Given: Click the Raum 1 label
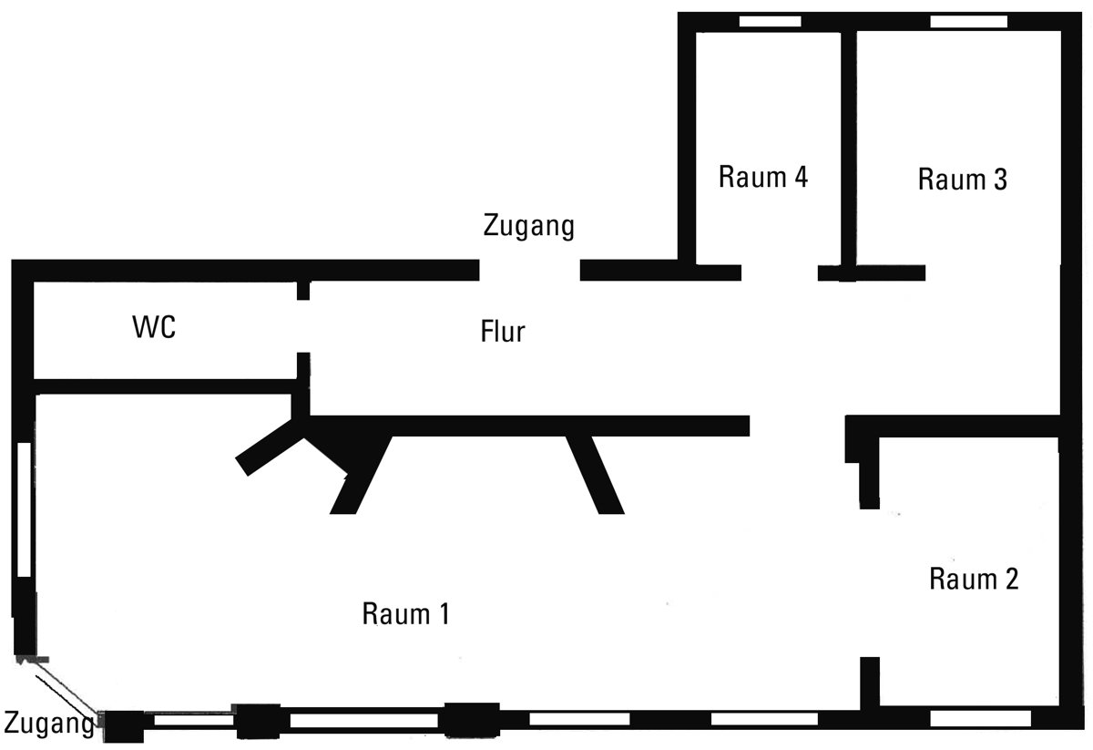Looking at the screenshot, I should tap(405, 613).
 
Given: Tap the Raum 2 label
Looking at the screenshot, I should tap(974, 578).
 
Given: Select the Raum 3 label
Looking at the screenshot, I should tap(962, 180).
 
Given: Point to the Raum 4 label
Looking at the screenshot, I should tap(763, 176).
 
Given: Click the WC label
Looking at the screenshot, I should tap(154, 328).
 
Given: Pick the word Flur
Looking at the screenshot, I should tap(503, 332).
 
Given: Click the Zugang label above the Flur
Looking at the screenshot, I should tap(529, 224).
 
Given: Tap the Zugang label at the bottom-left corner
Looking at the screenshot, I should tap(47, 724).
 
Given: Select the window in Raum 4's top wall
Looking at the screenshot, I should tap(770, 21).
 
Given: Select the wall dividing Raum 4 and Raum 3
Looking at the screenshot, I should tap(848, 146).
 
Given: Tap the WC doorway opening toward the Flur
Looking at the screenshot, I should tap(303, 326).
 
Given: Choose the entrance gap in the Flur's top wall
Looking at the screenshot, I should tap(529, 270).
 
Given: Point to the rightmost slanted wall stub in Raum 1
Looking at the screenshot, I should tap(596, 474).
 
